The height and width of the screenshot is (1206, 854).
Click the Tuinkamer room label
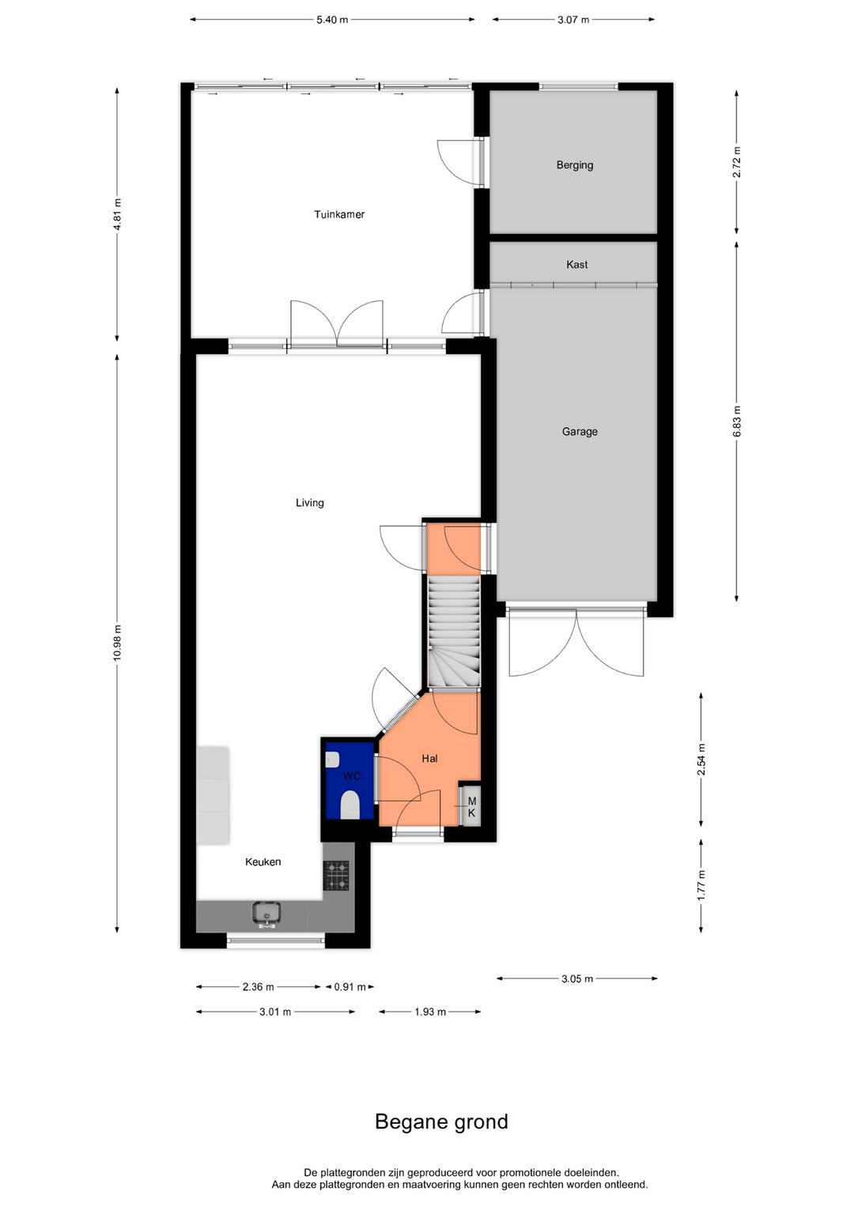[x=339, y=214]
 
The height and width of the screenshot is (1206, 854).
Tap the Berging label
[x=575, y=165]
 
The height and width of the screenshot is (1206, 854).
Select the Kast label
[x=576, y=264]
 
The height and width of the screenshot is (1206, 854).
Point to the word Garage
[x=580, y=432]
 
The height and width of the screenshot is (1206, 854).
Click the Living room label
[x=310, y=503]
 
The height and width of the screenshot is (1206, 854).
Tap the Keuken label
[x=263, y=862]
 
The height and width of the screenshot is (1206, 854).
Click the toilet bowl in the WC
[x=350, y=805]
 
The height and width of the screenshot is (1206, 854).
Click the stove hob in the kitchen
[x=336, y=876]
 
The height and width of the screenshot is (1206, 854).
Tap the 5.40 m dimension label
[x=332, y=20]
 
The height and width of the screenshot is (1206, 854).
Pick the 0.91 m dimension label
[x=350, y=987]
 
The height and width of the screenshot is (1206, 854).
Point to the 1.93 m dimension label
[x=430, y=1012]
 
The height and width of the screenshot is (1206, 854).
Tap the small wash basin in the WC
[x=331, y=760]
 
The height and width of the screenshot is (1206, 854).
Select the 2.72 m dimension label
[x=737, y=161]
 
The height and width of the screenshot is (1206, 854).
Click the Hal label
[x=429, y=759]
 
